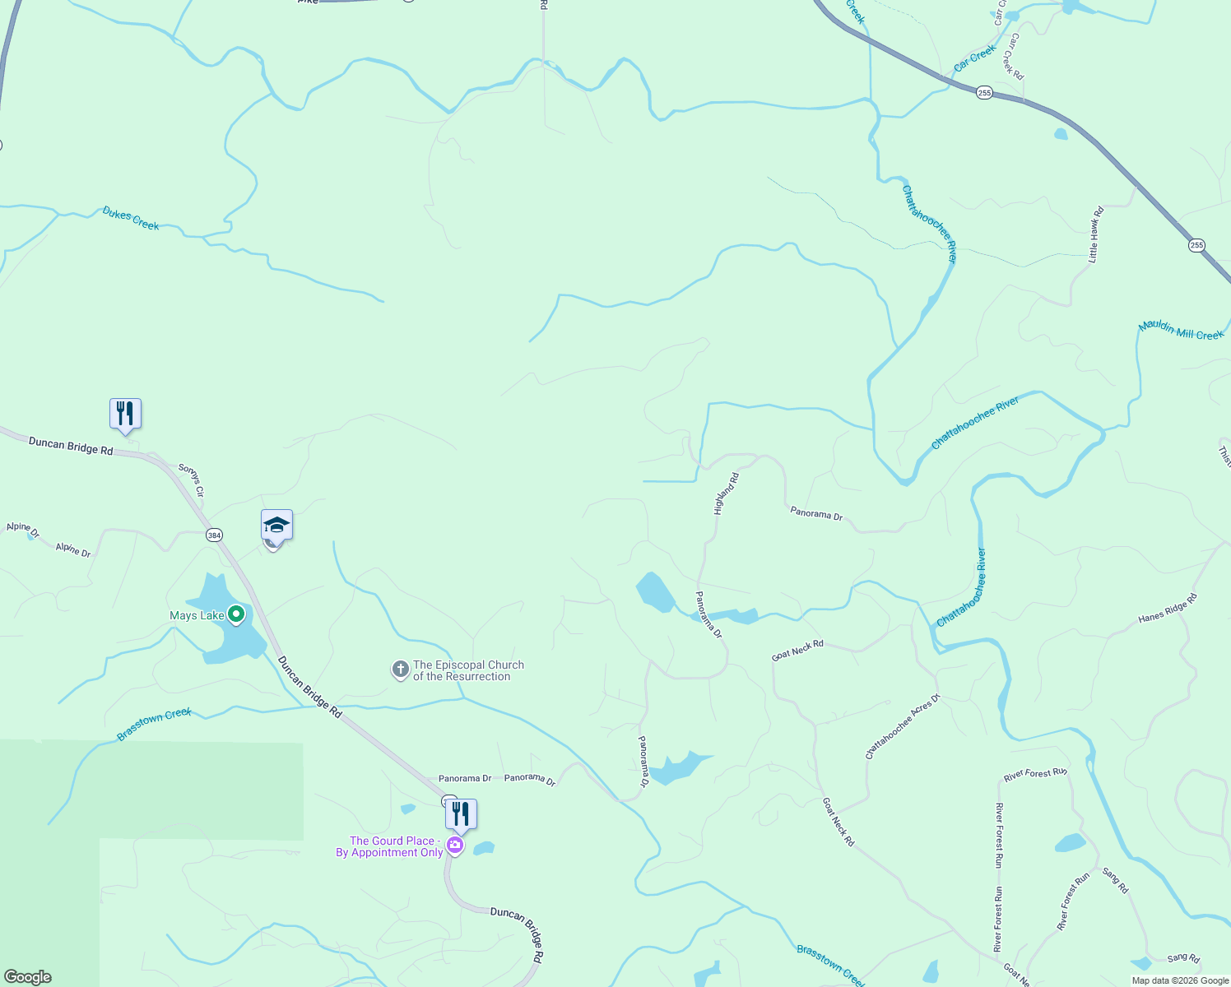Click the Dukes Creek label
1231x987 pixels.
pos(131,219)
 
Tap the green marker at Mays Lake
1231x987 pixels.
pos(236,614)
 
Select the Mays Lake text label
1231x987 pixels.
pos(197,616)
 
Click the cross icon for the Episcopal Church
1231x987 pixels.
pos(400,670)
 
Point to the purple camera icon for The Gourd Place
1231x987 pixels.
pos(454,846)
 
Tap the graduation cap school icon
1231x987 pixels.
pos(276,525)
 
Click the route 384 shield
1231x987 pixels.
pos(214,535)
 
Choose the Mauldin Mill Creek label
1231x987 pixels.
pos(1181,331)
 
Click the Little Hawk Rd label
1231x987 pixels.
pos(1095,234)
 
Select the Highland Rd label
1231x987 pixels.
pos(726,493)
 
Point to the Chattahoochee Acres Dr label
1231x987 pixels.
pos(902,727)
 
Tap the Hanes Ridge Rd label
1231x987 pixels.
pos(1168,608)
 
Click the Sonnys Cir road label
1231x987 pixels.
pos(191,480)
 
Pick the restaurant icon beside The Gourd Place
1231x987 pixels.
pos(461,814)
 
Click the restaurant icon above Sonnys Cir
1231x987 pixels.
pos(125,413)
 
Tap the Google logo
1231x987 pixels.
pos(28,977)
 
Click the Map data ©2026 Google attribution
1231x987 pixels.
pos(1180,980)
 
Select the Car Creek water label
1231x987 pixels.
pos(975,58)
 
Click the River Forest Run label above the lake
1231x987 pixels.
pos(1035,774)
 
